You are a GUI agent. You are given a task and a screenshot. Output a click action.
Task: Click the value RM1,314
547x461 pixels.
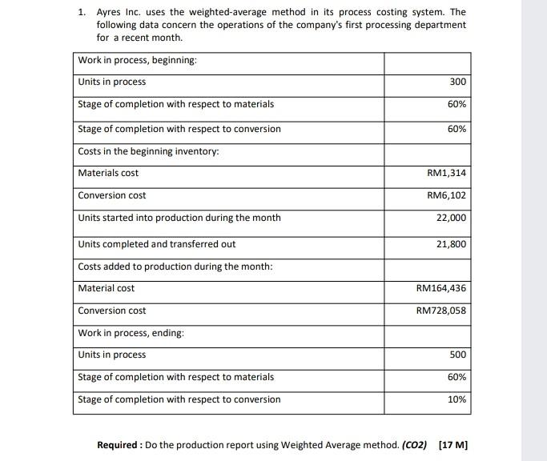pos(447,173)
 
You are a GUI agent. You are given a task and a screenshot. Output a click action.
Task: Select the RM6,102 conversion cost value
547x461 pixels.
pos(447,195)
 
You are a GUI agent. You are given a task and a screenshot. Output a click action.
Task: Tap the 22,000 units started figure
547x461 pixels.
pos(451,218)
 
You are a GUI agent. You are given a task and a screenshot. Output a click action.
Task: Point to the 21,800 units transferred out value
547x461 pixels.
pos(451,244)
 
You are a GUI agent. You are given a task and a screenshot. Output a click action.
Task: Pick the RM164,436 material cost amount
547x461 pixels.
pos(441,288)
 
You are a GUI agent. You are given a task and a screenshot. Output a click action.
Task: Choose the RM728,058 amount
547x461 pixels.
pos(441,311)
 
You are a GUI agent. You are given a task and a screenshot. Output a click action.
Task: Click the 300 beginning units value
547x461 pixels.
pos(457,82)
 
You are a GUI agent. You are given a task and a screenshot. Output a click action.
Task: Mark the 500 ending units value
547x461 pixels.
pos(457,355)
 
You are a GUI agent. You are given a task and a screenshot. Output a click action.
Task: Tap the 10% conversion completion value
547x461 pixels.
pos(457,399)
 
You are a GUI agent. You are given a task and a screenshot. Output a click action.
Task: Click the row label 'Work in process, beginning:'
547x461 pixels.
pos(137,61)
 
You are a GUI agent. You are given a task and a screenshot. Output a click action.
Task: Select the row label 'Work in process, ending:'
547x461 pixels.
pos(131,333)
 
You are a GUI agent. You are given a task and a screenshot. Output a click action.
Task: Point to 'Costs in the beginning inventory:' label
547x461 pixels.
pos(148,151)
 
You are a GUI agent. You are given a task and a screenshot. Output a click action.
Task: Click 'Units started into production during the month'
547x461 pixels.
pos(179,218)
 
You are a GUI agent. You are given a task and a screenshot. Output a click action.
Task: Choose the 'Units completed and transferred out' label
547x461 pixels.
pos(156,244)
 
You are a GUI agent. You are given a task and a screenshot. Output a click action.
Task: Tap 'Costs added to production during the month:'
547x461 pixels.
pos(175,267)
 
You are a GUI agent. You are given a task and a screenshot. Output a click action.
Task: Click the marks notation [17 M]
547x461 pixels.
pos(453,444)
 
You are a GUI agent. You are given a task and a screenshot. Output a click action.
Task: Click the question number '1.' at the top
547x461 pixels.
pos(82,13)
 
